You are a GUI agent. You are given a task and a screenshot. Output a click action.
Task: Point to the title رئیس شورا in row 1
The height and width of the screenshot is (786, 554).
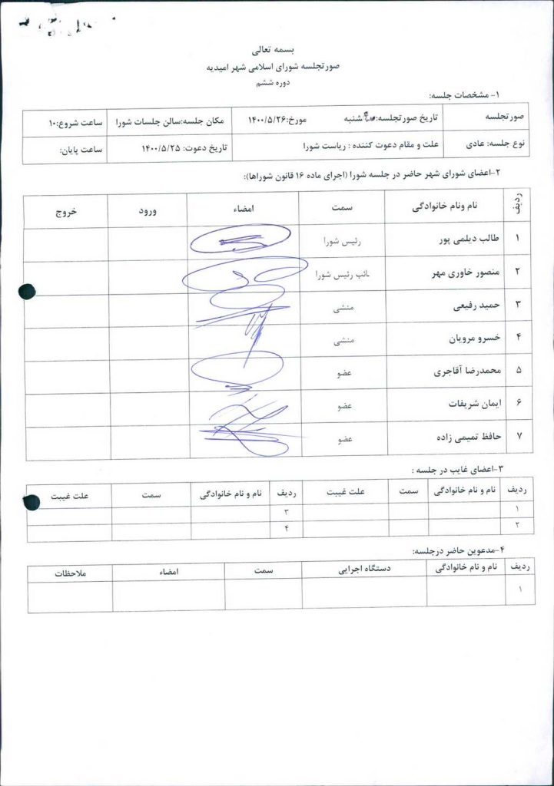tap(341, 240)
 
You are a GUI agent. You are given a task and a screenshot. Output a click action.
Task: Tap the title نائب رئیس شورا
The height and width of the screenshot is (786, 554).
tap(340, 273)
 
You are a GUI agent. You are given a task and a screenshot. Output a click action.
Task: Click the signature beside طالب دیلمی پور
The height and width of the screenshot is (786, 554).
tap(240, 240)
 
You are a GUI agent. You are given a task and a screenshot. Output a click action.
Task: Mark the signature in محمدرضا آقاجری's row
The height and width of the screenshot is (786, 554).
tap(238, 371)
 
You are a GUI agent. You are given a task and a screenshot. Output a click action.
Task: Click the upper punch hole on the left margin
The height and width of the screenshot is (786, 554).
tap(27, 291)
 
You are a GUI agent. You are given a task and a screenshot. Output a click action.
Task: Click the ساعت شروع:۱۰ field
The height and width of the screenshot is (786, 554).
tap(68, 122)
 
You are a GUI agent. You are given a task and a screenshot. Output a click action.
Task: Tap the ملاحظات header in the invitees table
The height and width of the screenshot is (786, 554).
tap(70, 572)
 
